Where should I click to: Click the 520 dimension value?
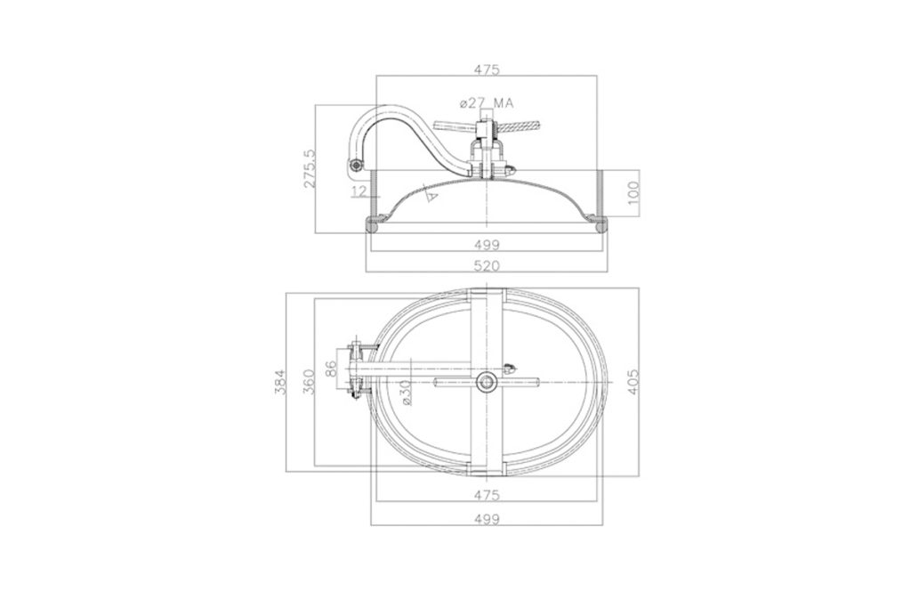tap(487, 265)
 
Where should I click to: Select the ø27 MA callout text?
tap(487, 103)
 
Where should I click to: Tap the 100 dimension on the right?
tap(633, 193)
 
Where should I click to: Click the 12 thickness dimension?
tap(359, 191)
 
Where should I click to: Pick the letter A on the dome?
tap(431, 195)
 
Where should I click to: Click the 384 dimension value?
tap(280, 382)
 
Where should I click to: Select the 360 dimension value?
tap(309, 382)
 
